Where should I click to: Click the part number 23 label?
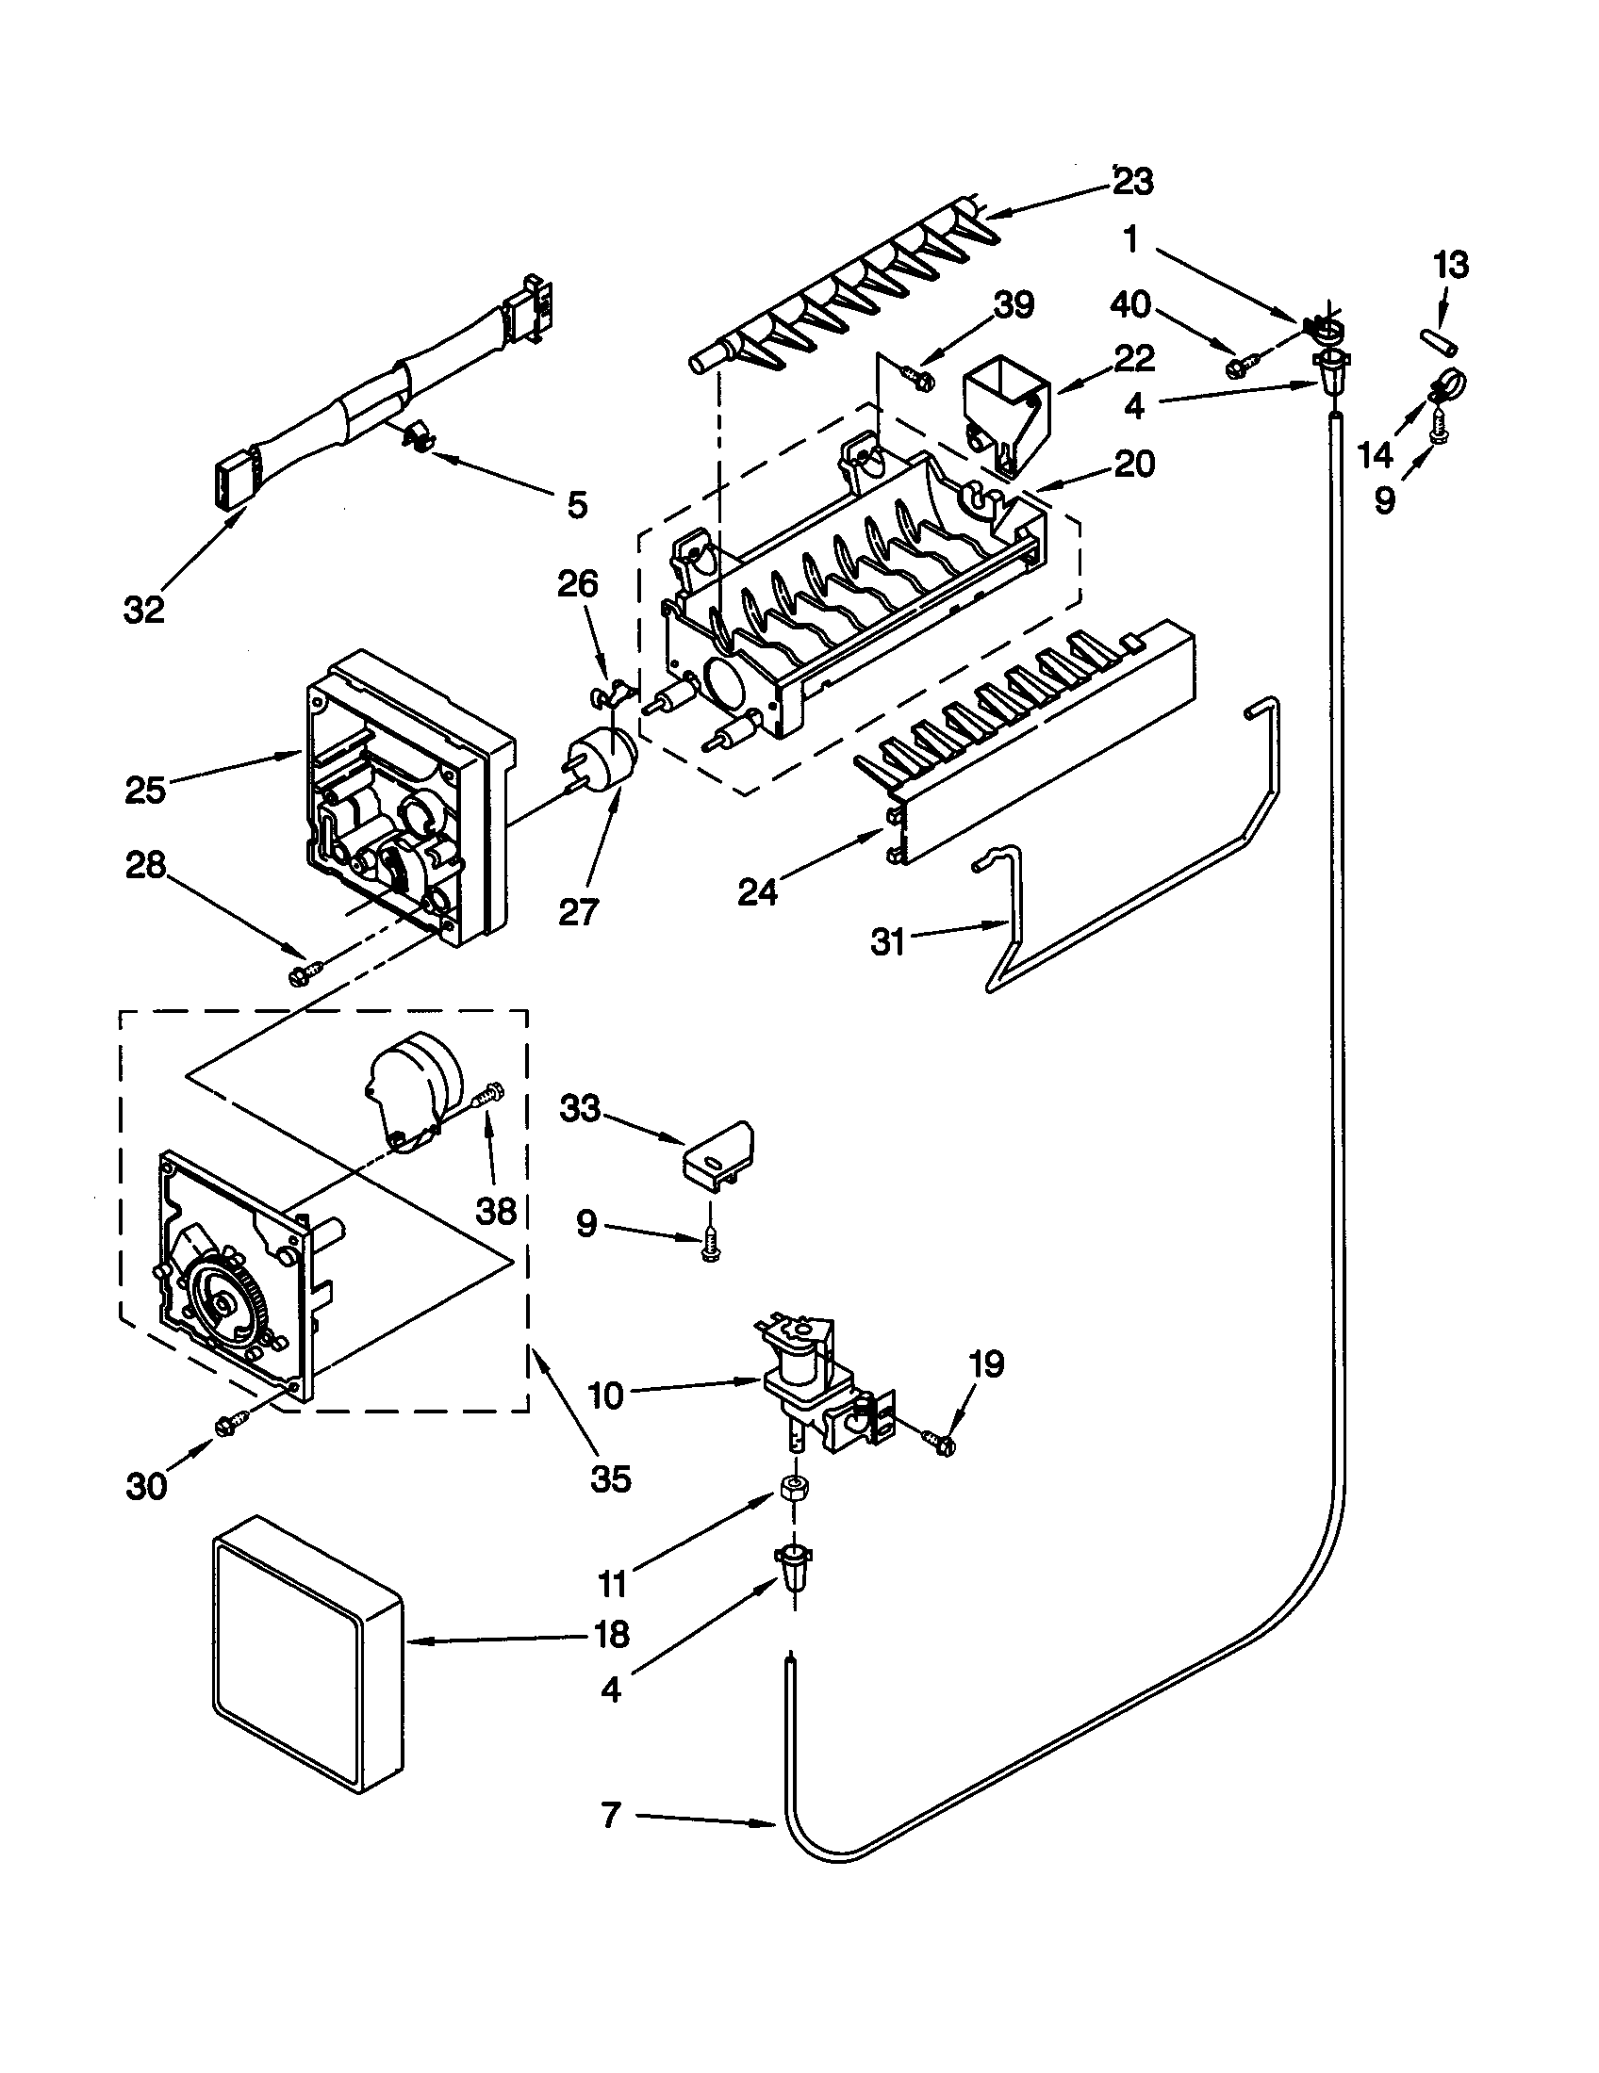coord(1133,180)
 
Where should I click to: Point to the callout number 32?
coord(144,611)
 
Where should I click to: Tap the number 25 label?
coord(145,790)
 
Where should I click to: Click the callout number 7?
coord(611,1816)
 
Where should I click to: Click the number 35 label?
coord(611,1477)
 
